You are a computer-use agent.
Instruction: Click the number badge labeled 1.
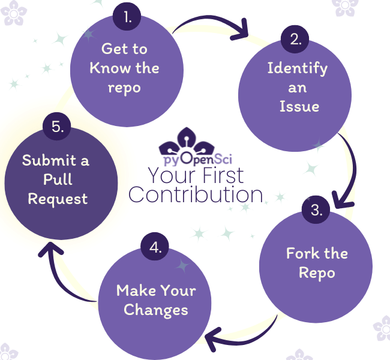[128, 17]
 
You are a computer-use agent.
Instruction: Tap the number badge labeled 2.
[295, 40]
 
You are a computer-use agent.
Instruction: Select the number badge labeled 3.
[316, 211]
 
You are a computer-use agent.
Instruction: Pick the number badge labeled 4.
[155, 248]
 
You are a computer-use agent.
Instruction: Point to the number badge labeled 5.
[58, 127]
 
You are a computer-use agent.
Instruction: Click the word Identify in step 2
[298, 67]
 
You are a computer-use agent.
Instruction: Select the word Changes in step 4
[156, 310]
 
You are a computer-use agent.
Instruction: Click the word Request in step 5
[58, 199]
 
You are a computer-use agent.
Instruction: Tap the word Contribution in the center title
[196, 195]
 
